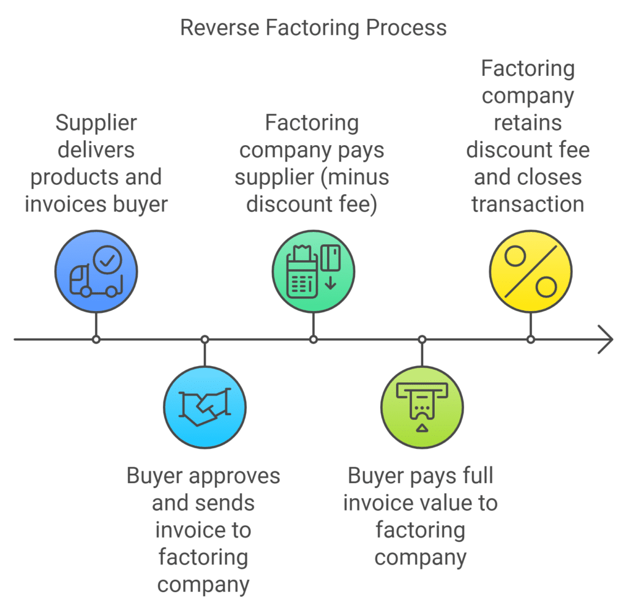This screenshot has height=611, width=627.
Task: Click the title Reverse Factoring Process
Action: tap(313, 28)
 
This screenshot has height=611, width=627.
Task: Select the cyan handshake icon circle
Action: tap(205, 406)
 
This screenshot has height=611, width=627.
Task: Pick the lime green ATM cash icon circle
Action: tap(421, 406)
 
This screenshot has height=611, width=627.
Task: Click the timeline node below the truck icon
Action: tap(96, 339)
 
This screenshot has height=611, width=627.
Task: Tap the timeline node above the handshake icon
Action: tap(205, 339)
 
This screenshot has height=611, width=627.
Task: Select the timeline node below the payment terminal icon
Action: tap(313, 339)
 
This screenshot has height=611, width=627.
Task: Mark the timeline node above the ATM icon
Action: tap(421, 339)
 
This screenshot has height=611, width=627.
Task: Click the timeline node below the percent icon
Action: tap(530, 339)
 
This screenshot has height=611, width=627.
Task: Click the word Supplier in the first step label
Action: tap(96, 124)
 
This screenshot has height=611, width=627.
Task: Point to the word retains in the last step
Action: tap(528, 122)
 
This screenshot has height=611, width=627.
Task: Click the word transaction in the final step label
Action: tap(528, 204)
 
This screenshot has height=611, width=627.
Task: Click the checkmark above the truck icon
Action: tap(110, 260)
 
